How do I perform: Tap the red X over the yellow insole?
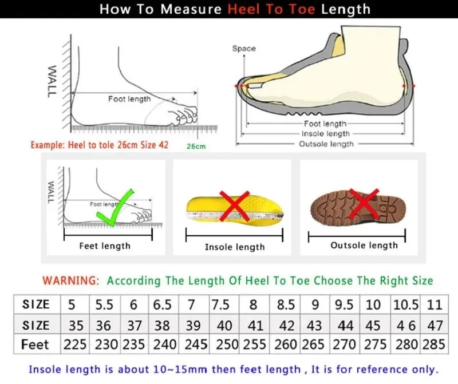coord(234,207)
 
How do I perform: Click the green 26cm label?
coord(196,146)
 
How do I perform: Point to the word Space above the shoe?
coord(244,49)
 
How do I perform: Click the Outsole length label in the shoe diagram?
coord(326,144)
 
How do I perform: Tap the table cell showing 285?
coord(435,345)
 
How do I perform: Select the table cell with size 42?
coord(286,325)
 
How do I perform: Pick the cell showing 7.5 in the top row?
coord(221,304)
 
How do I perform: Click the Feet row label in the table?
coord(35,345)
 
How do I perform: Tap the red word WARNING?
coord(71,280)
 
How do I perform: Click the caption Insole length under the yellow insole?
coord(235,247)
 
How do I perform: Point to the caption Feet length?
coord(105,246)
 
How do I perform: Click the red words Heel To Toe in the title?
coord(273,9)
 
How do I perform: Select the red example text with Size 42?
coord(100,145)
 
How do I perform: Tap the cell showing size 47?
coord(435,325)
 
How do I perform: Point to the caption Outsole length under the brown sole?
coord(364,245)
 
